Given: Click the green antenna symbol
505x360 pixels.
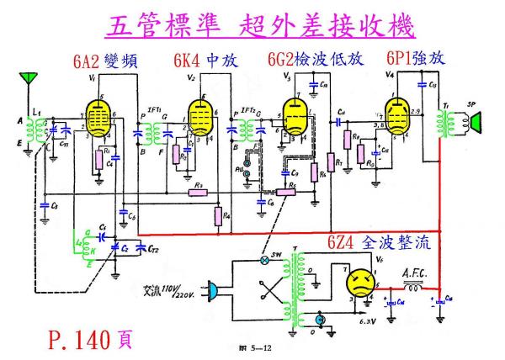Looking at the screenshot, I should [31, 80].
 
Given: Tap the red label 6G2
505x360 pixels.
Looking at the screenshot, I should [284, 61].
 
